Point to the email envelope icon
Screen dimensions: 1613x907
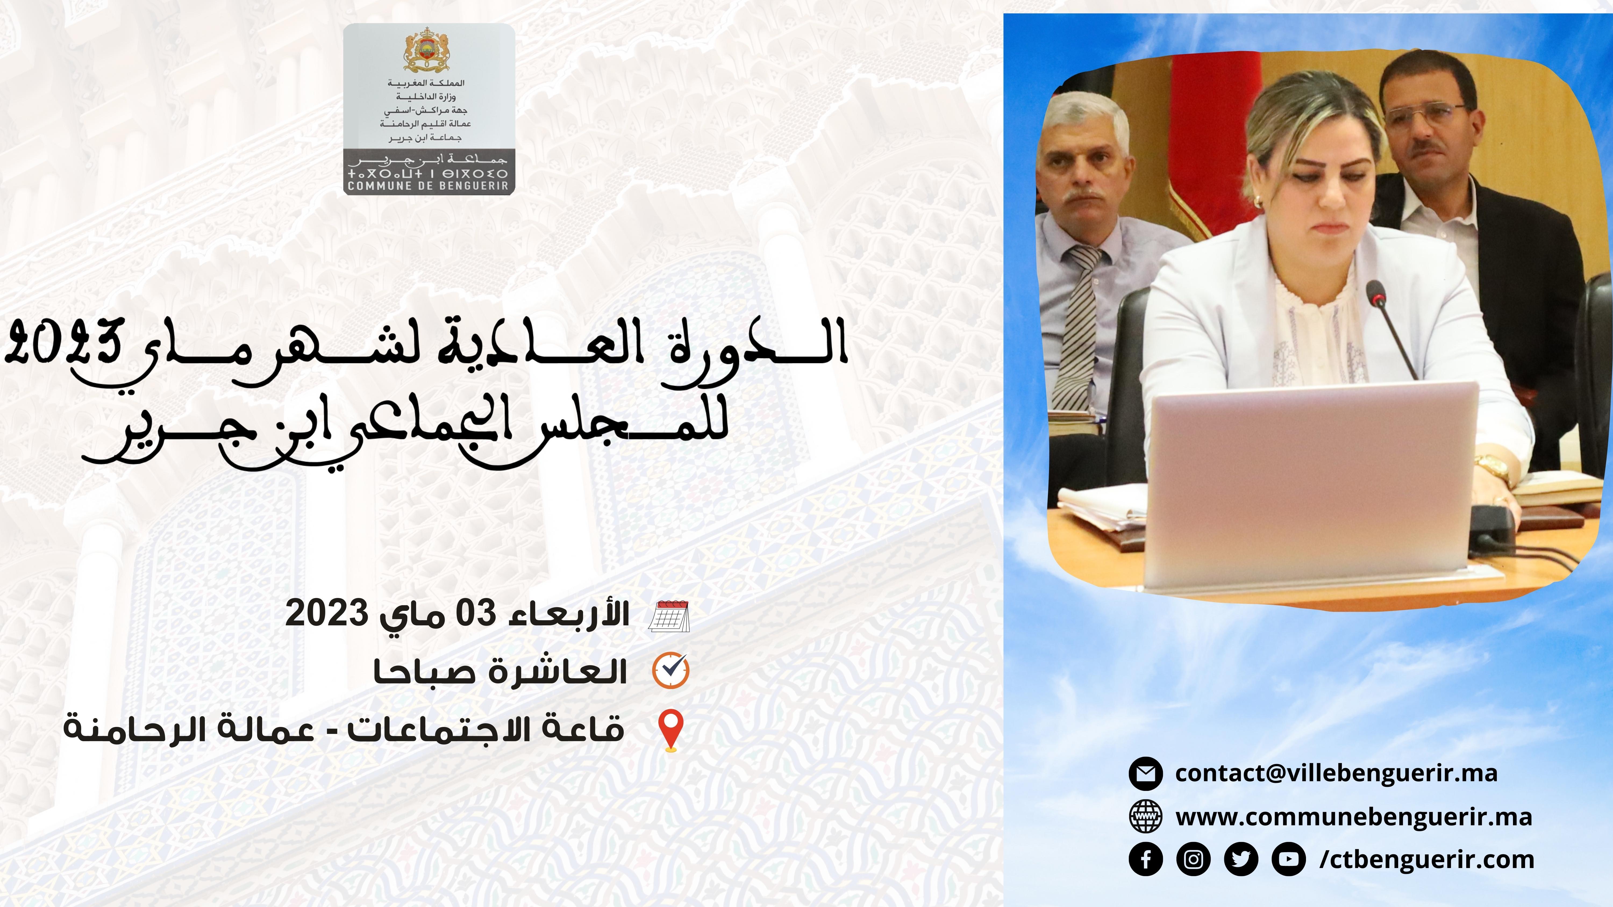[x=1146, y=773]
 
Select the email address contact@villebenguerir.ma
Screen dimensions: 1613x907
[x=1336, y=773]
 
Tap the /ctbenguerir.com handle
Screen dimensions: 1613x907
[x=1427, y=859]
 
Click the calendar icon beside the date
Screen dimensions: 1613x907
[x=669, y=616]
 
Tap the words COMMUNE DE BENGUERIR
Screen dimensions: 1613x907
[x=428, y=185]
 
